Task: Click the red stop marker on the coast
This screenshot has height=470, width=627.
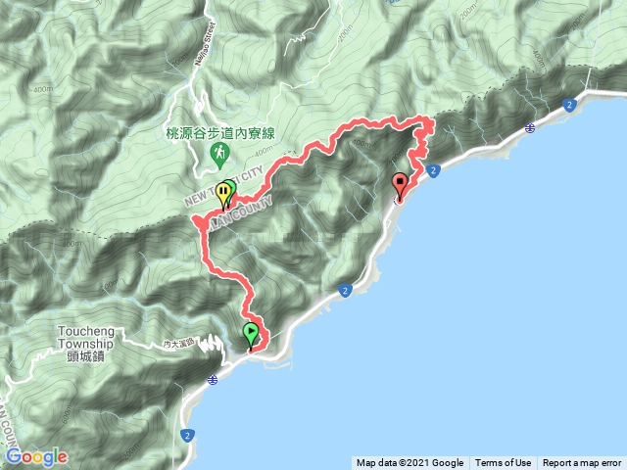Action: click(x=400, y=185)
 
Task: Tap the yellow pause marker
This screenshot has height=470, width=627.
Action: click(x=224, y=193)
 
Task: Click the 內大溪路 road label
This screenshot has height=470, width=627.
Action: click(x=179, y=345)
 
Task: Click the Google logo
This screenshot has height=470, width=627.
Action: click(x=36, y=456)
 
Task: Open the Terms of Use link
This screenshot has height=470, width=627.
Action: click(x=503, y=463)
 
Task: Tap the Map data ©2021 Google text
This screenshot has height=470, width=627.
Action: click(x=410, y=463)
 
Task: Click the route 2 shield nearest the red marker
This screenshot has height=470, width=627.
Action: click(x=433, y=170)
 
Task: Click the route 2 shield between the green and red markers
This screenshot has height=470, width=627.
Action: click(x=346, y=290)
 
